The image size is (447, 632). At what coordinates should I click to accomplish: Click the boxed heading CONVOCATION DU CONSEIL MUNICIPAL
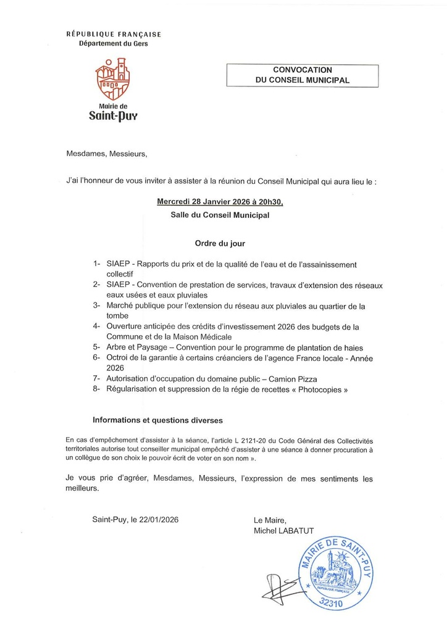click(302, 75)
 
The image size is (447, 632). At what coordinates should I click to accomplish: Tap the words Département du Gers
click(113, 44)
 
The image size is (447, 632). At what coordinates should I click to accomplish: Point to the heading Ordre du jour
click(220, 244)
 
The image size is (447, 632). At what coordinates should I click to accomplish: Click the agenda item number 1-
click(96, 264)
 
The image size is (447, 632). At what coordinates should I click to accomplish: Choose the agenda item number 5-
click(96, 347)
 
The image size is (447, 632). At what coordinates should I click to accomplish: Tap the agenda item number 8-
click(96, 390)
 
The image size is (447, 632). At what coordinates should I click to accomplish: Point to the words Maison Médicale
click(197, 337)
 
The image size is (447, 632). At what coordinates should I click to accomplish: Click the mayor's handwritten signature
click(282, 589)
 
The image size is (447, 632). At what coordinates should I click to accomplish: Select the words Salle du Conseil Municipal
click(220, 216)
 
